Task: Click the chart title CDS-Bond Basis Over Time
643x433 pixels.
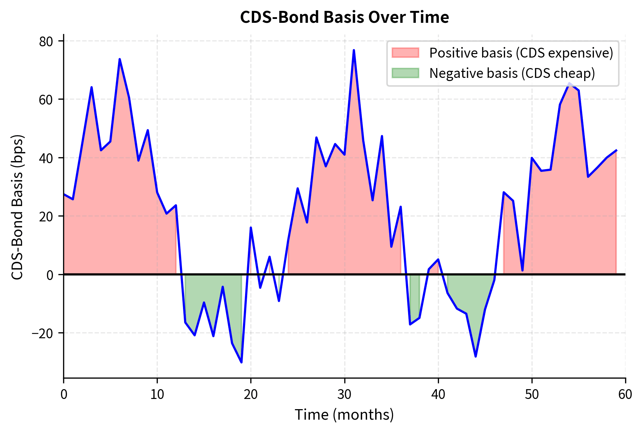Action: (x=344, y=18)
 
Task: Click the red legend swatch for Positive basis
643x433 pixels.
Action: (x=405, y=53)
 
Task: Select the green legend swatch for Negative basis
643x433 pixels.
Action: (x=405, y=73)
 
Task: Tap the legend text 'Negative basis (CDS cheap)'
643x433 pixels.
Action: (x=512, y=73)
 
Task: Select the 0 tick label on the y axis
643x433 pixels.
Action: (x=50, y=275)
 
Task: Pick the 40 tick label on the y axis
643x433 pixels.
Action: (x=46, y=158)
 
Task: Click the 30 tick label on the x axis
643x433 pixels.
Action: (x=344, y=395)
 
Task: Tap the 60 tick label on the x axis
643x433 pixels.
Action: (x=625, y=395)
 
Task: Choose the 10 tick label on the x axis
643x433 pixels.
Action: (x=157, y=395)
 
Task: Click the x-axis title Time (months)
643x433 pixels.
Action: (x=344, y=415)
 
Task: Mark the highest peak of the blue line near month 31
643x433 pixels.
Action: (x=354, y=50)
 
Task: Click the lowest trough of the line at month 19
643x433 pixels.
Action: (x=242, y=362)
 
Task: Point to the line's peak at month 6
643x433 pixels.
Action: (x=120, y=59)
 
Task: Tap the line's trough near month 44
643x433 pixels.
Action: (x=475, y=356)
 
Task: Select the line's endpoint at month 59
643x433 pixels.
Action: (x=616, y=150)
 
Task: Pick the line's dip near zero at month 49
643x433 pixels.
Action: (x=522, y=270)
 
